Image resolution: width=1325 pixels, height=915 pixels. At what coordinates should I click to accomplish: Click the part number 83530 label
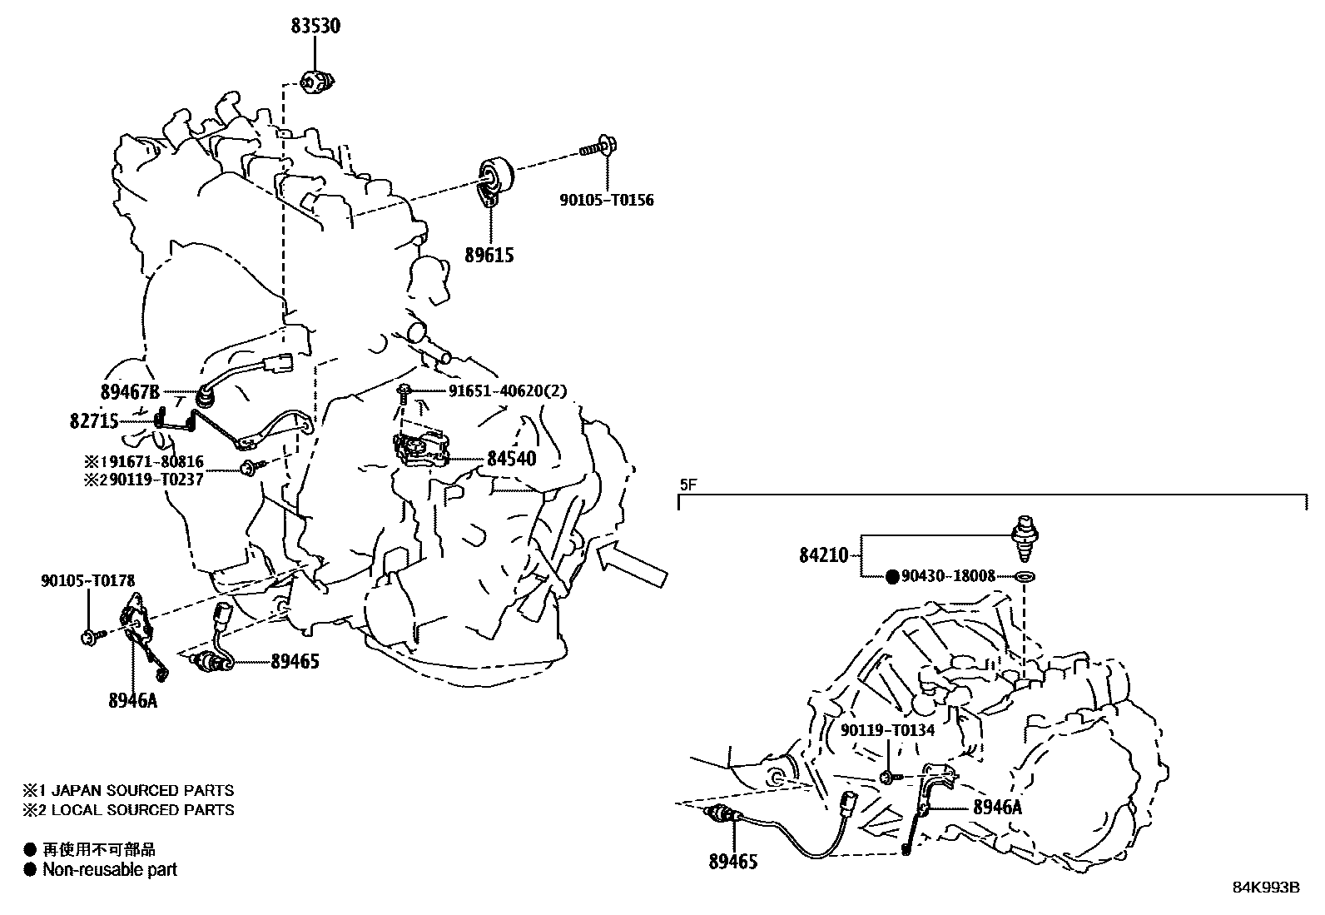315,26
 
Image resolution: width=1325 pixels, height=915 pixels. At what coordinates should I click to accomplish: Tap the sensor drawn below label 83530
316,82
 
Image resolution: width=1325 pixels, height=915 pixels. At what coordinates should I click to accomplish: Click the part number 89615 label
489,256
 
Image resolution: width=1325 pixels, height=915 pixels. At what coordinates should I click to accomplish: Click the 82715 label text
93,421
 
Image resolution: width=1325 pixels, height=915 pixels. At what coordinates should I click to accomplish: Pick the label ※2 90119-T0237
143,480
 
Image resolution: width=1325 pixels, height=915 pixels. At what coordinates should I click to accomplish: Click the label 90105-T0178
87,580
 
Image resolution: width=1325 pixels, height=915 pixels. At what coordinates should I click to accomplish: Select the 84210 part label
823,554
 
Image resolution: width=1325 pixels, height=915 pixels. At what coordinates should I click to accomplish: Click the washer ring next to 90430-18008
1026,576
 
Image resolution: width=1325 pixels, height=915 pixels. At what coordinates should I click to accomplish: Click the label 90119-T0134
887,730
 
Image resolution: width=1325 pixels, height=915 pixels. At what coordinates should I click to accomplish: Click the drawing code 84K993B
1266,888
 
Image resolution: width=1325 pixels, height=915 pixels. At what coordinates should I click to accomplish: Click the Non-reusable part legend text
110,870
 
